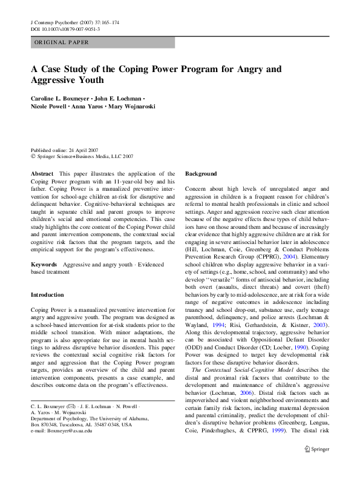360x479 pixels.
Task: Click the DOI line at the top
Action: [65, 29]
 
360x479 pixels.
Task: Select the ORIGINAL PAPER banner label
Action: [62, 42]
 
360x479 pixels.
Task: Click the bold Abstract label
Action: [41, 174]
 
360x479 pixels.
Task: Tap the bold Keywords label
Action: [44, 265]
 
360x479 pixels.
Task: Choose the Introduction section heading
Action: [47, 295]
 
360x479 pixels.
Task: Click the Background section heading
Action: [200, 174]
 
